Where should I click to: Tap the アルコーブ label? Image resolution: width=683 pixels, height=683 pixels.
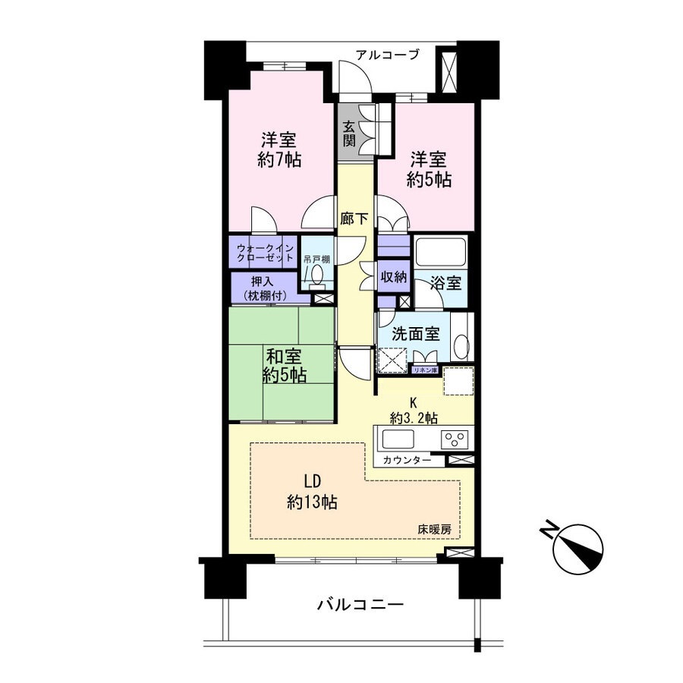[387, 55]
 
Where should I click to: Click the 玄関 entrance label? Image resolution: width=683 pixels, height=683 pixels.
[349, 133]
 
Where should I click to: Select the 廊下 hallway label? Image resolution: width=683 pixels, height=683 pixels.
[354, 219]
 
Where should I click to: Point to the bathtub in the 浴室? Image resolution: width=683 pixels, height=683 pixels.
[441, 252]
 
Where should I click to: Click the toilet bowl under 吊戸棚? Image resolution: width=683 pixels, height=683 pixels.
[317, 275]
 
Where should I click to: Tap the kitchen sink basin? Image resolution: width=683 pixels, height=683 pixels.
[398, 439]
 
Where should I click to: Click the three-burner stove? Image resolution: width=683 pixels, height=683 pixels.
[455, 439]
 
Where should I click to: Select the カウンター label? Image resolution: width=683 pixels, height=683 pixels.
[407, 460]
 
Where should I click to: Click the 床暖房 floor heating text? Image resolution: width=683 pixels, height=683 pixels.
[434, 530]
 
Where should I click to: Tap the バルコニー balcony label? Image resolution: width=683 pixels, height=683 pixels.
[360, 605]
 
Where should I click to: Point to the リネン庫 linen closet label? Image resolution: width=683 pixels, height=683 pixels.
[425, 370]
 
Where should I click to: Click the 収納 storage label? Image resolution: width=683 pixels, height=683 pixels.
[394, 276]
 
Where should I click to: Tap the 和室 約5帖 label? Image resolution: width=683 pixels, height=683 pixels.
[284, 366]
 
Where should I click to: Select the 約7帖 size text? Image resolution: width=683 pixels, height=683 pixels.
[279, 160]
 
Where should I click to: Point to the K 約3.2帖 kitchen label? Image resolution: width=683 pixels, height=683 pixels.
[414, 410]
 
